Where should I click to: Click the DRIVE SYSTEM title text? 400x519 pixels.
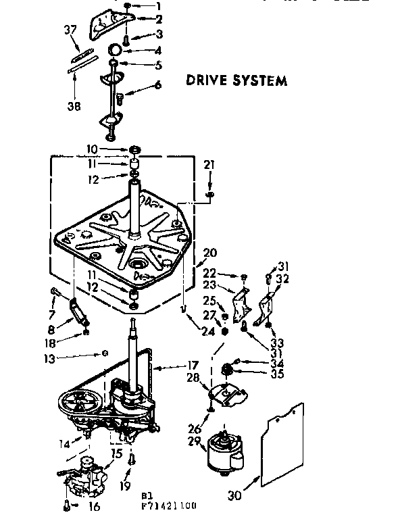click(x=236, y=81)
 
